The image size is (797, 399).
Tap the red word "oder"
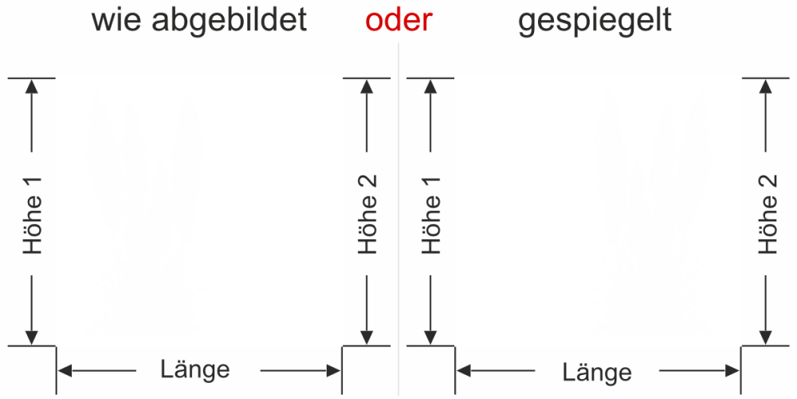394,21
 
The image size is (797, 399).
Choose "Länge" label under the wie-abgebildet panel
195,369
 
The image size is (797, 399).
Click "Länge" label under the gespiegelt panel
597,372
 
